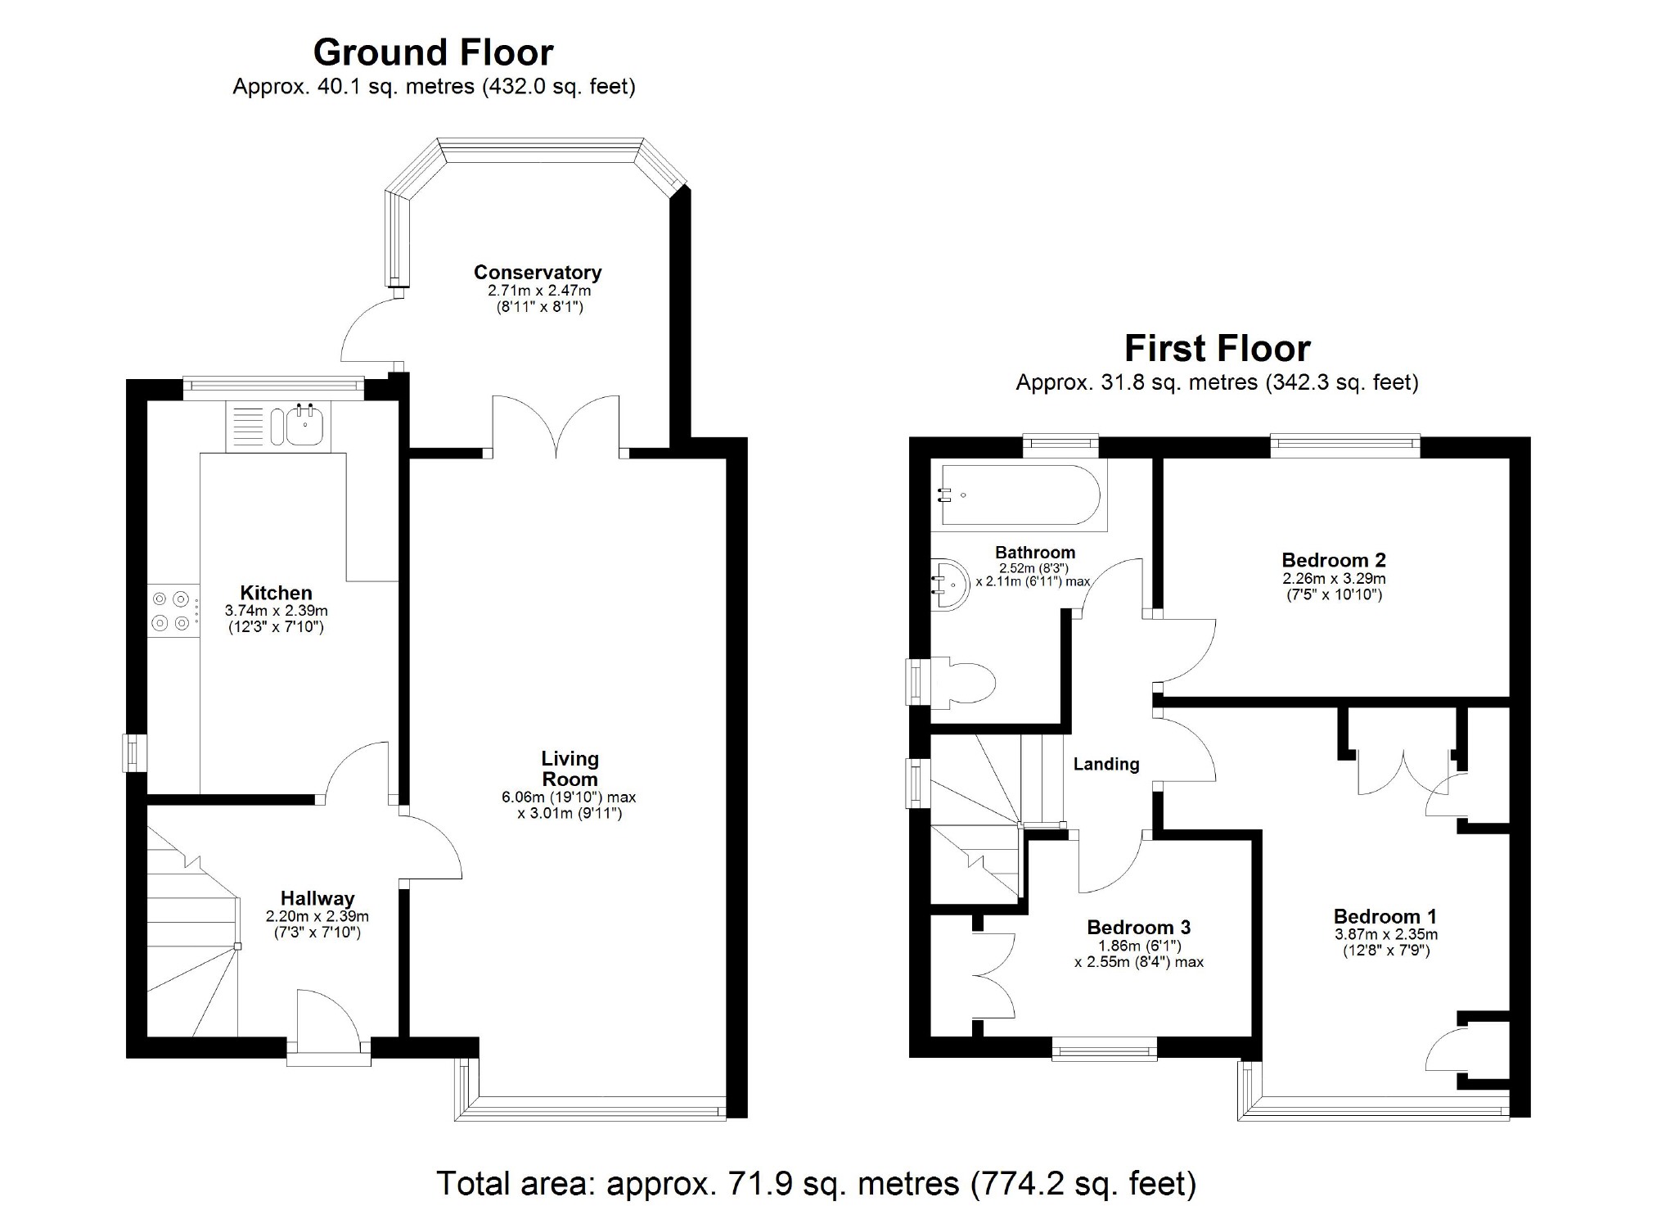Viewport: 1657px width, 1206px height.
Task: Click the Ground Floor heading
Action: [433, 52]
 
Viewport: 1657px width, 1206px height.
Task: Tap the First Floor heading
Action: [1217, 348]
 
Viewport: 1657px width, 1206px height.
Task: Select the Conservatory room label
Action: [538, 272]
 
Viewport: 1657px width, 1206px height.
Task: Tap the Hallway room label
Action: [317, 899]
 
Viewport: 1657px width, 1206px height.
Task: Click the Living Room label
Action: [570, 769]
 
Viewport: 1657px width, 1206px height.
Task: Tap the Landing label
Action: [1106, 764]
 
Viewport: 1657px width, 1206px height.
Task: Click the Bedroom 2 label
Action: [1334, 560]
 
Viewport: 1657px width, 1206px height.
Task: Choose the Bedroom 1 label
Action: [1385, 916]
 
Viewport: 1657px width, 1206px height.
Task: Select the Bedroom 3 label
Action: [1138, 927]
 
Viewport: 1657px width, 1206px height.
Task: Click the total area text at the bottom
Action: [817, 1183]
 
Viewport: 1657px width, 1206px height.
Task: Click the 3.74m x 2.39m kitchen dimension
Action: [277, 611]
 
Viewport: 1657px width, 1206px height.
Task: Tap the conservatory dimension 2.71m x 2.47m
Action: [539, 291]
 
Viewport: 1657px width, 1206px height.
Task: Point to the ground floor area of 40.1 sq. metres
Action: [353, 87]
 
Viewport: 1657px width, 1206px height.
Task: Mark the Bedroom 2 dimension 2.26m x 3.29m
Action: [1334, 578]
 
